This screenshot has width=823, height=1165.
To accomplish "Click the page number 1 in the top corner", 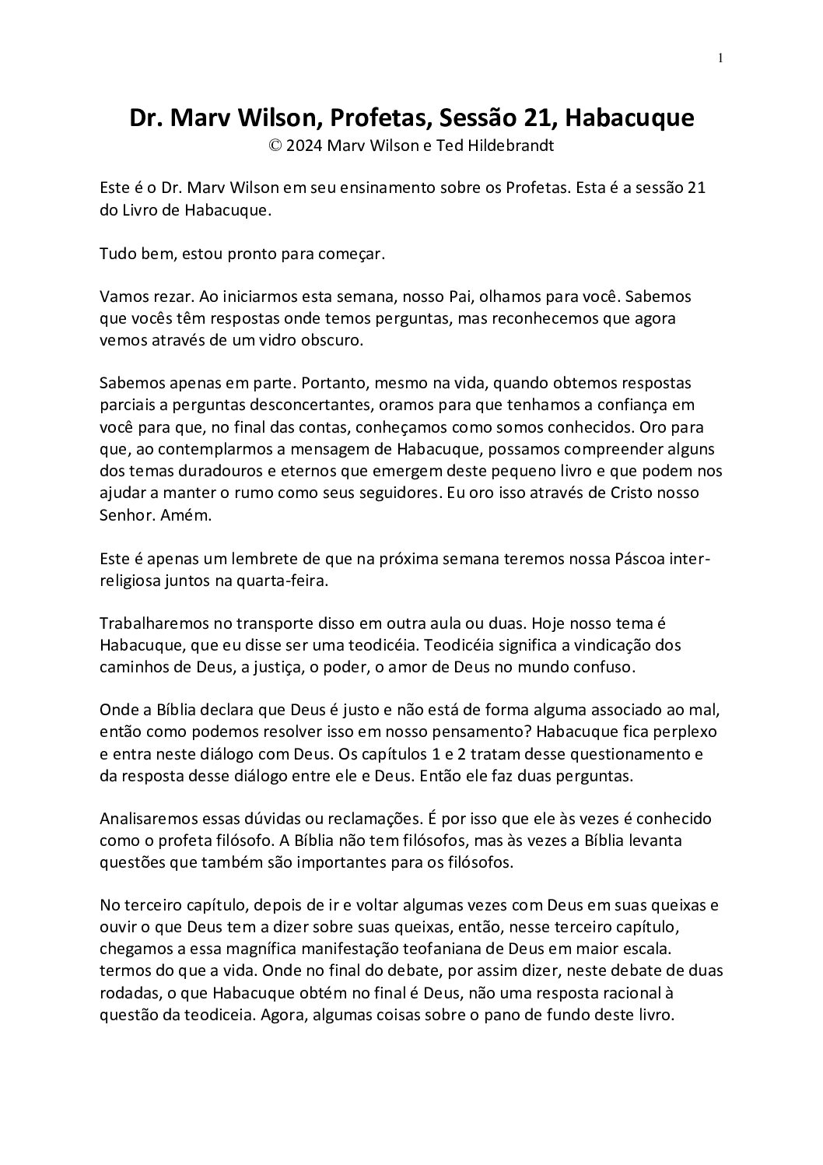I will pos(721,57).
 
